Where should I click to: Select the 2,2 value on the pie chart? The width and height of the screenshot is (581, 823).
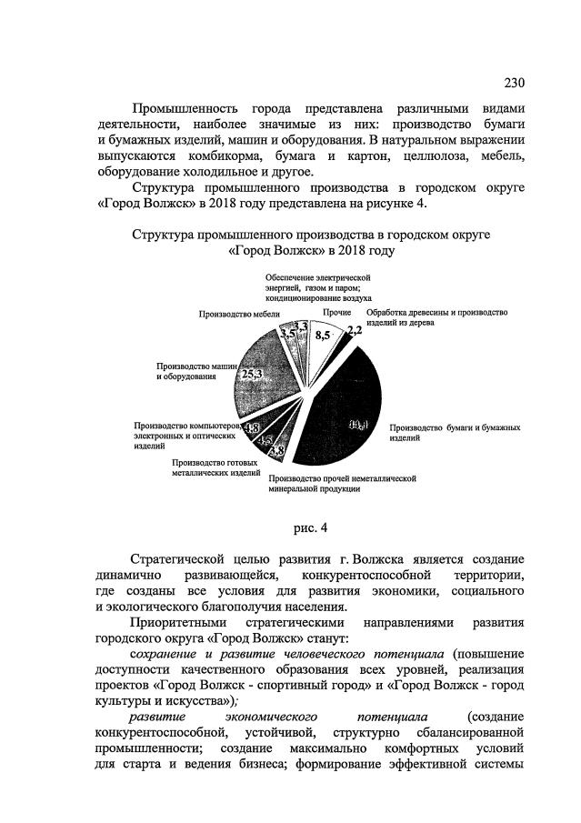tap(355, 332)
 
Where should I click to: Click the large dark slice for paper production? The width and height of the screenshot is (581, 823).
tap(341, 427)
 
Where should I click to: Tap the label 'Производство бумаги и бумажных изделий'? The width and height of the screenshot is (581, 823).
tap(454, 432)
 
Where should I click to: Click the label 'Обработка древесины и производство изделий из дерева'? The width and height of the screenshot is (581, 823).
tap(436, 316)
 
